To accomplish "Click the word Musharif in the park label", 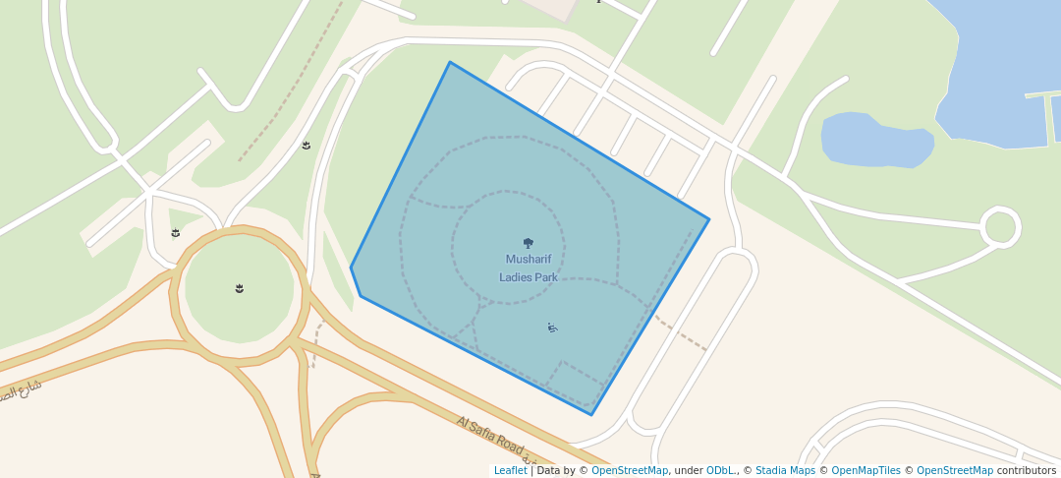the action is point(529,260).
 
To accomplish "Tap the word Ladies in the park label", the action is point(516,277).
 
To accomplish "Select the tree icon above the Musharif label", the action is point(529,243).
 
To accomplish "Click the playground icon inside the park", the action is point(552,328).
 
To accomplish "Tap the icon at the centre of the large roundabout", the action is point(240,288).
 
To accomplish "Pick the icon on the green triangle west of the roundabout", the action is point(176,233).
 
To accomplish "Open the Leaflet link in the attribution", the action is point(510,470).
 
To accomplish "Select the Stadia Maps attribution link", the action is point(785,470).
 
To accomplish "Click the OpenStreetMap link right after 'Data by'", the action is point(629,470).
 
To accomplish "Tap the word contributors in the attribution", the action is point(1026,470).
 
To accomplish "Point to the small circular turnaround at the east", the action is point(1000,227).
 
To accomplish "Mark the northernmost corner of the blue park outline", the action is point(450,63).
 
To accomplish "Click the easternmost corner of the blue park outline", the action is point(708,219).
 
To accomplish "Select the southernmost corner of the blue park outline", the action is point(591,414).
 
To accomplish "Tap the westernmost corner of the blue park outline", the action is point(352,268).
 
